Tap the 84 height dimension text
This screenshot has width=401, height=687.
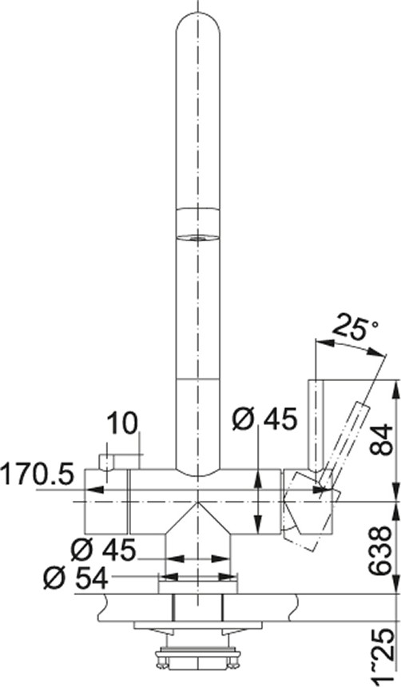(x=380, y=439)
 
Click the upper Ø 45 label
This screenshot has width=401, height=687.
(x=264, y=419)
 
